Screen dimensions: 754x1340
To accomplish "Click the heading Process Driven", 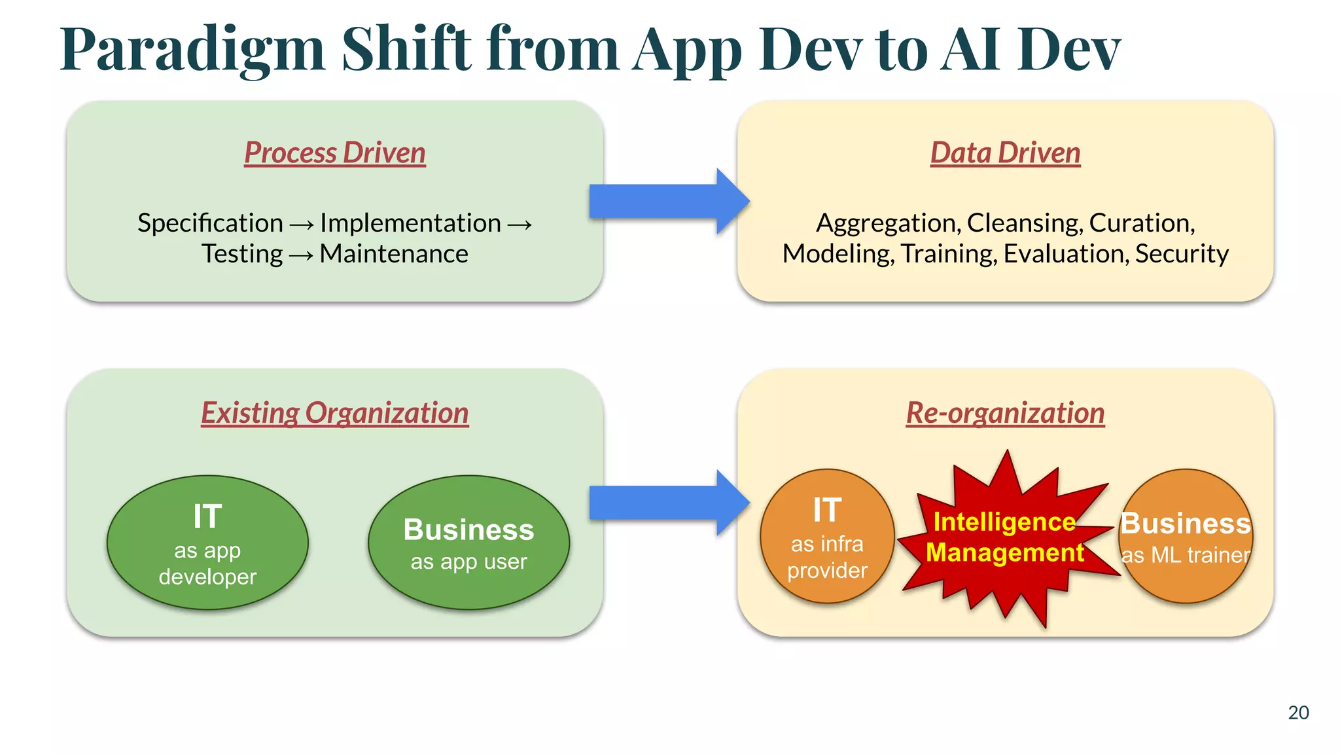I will (334, 153).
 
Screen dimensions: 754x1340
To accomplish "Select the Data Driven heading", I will (1005, 153).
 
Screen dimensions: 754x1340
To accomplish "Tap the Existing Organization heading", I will (334, 413).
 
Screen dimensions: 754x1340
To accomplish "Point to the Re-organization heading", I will (1005, 413).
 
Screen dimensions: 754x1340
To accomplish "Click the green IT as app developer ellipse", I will (207, 543).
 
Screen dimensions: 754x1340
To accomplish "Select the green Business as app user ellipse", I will (468, 543).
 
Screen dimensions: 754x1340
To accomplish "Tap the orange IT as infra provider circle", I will (827, 537).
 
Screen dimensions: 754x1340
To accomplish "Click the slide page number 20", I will (1298, 713).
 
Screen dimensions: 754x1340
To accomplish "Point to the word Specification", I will (210, 223).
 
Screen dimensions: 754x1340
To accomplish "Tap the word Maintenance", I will (394, 254).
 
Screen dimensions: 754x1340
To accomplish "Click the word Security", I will (1182, 254).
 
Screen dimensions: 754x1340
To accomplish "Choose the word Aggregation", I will (889, 223).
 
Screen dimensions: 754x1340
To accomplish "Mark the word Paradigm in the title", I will (193, 50).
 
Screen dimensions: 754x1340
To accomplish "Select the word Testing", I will (242, 254).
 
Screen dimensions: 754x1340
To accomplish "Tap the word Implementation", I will (410, 223).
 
